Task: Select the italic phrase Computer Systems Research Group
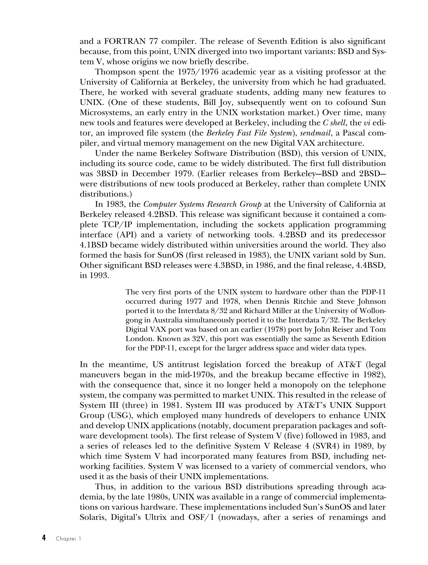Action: pyautogui.click(x=202, y=205)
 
